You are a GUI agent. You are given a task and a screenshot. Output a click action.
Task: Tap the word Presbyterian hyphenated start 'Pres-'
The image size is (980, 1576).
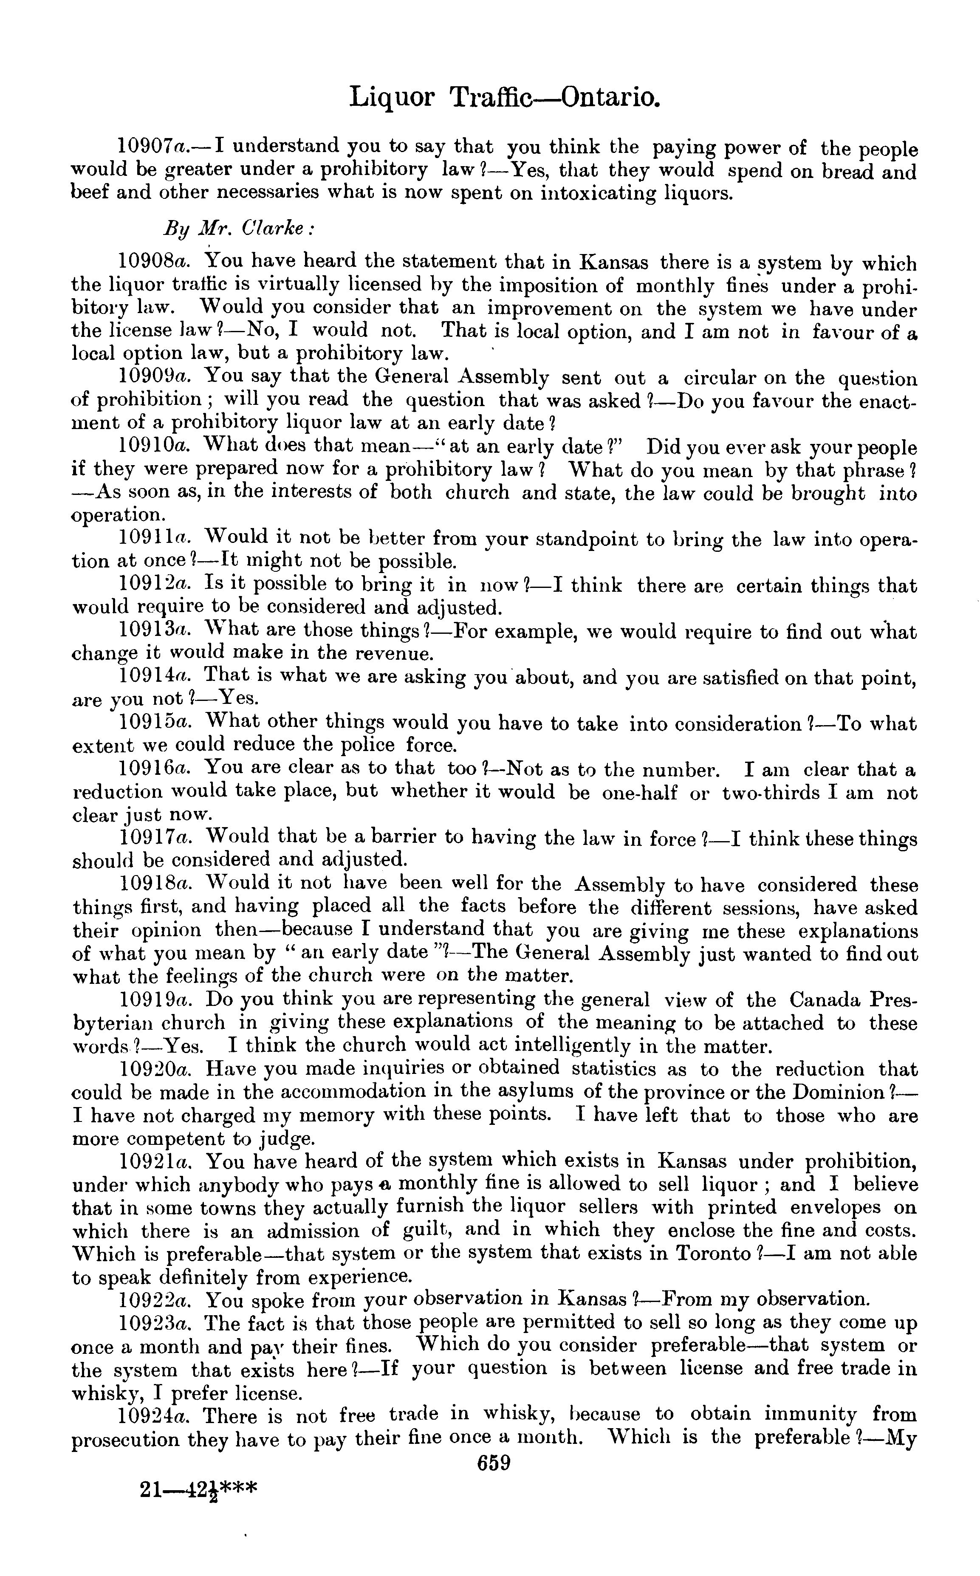pyautogui.click(x=893, y=1000)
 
